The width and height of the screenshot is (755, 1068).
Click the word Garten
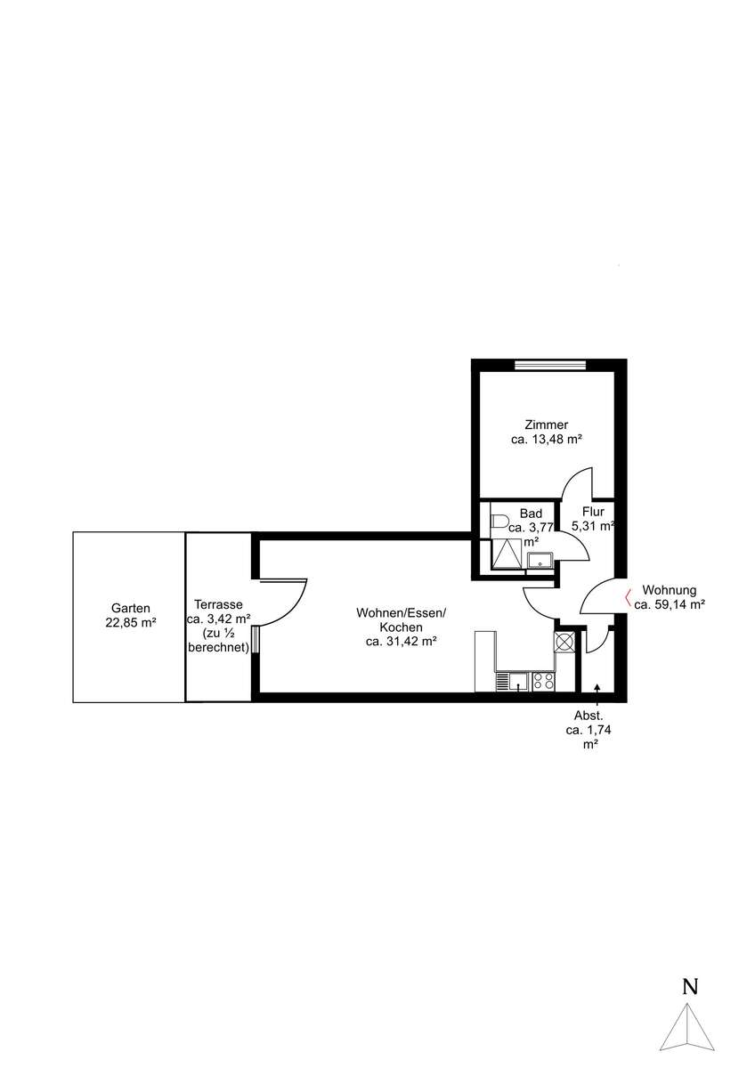click(130, 608)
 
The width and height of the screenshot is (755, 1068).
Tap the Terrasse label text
click(218, 604)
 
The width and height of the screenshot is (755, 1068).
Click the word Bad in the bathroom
click(531, 514)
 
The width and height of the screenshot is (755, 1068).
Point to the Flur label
click(593, 512)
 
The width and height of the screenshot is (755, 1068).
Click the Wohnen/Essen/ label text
click(402, 612)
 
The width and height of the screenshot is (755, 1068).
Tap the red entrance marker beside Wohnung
click(629, 599)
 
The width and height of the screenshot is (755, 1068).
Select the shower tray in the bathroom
click(508, 554)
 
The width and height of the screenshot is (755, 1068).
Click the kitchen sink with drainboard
click(511, 682)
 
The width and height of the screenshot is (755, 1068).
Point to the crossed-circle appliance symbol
click(564, 642)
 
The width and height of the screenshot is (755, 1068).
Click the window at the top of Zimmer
click(550, 365)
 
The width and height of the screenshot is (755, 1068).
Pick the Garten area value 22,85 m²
click(131, 622)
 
